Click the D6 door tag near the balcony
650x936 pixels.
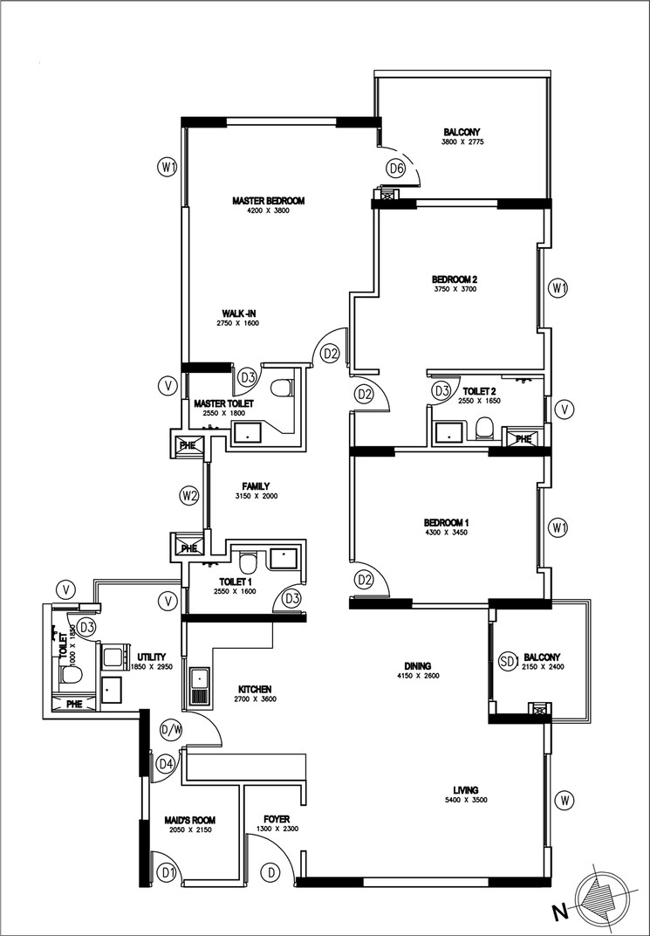pyautogui.click(x=396, y=169)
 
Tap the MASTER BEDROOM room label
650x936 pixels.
pyautogui.click(x=268, y=201)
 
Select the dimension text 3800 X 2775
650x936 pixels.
pyautogui.click(x=462, y=141)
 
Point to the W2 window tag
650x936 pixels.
pyautogui.click(x=189, y=496)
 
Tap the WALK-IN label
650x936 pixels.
pyautogui.click(x=238, y=313)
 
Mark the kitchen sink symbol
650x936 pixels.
pyautogui.click(x=198, y=686)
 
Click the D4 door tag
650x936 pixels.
pyautogui.click(x=166, y=765)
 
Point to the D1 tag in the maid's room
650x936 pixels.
pyautogui.click(x=167, y=871)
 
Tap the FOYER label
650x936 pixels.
pyautogui.click(x=277, y=819)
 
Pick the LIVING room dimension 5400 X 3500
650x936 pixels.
pyautogui.click(x=463, y=799)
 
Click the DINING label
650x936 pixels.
pyautogui.click(x=420, y=663)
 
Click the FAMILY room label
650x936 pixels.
pyautogui.click(x=255, y=486)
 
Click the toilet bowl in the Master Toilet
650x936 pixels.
pyautogui.click(x=281, y=389)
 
